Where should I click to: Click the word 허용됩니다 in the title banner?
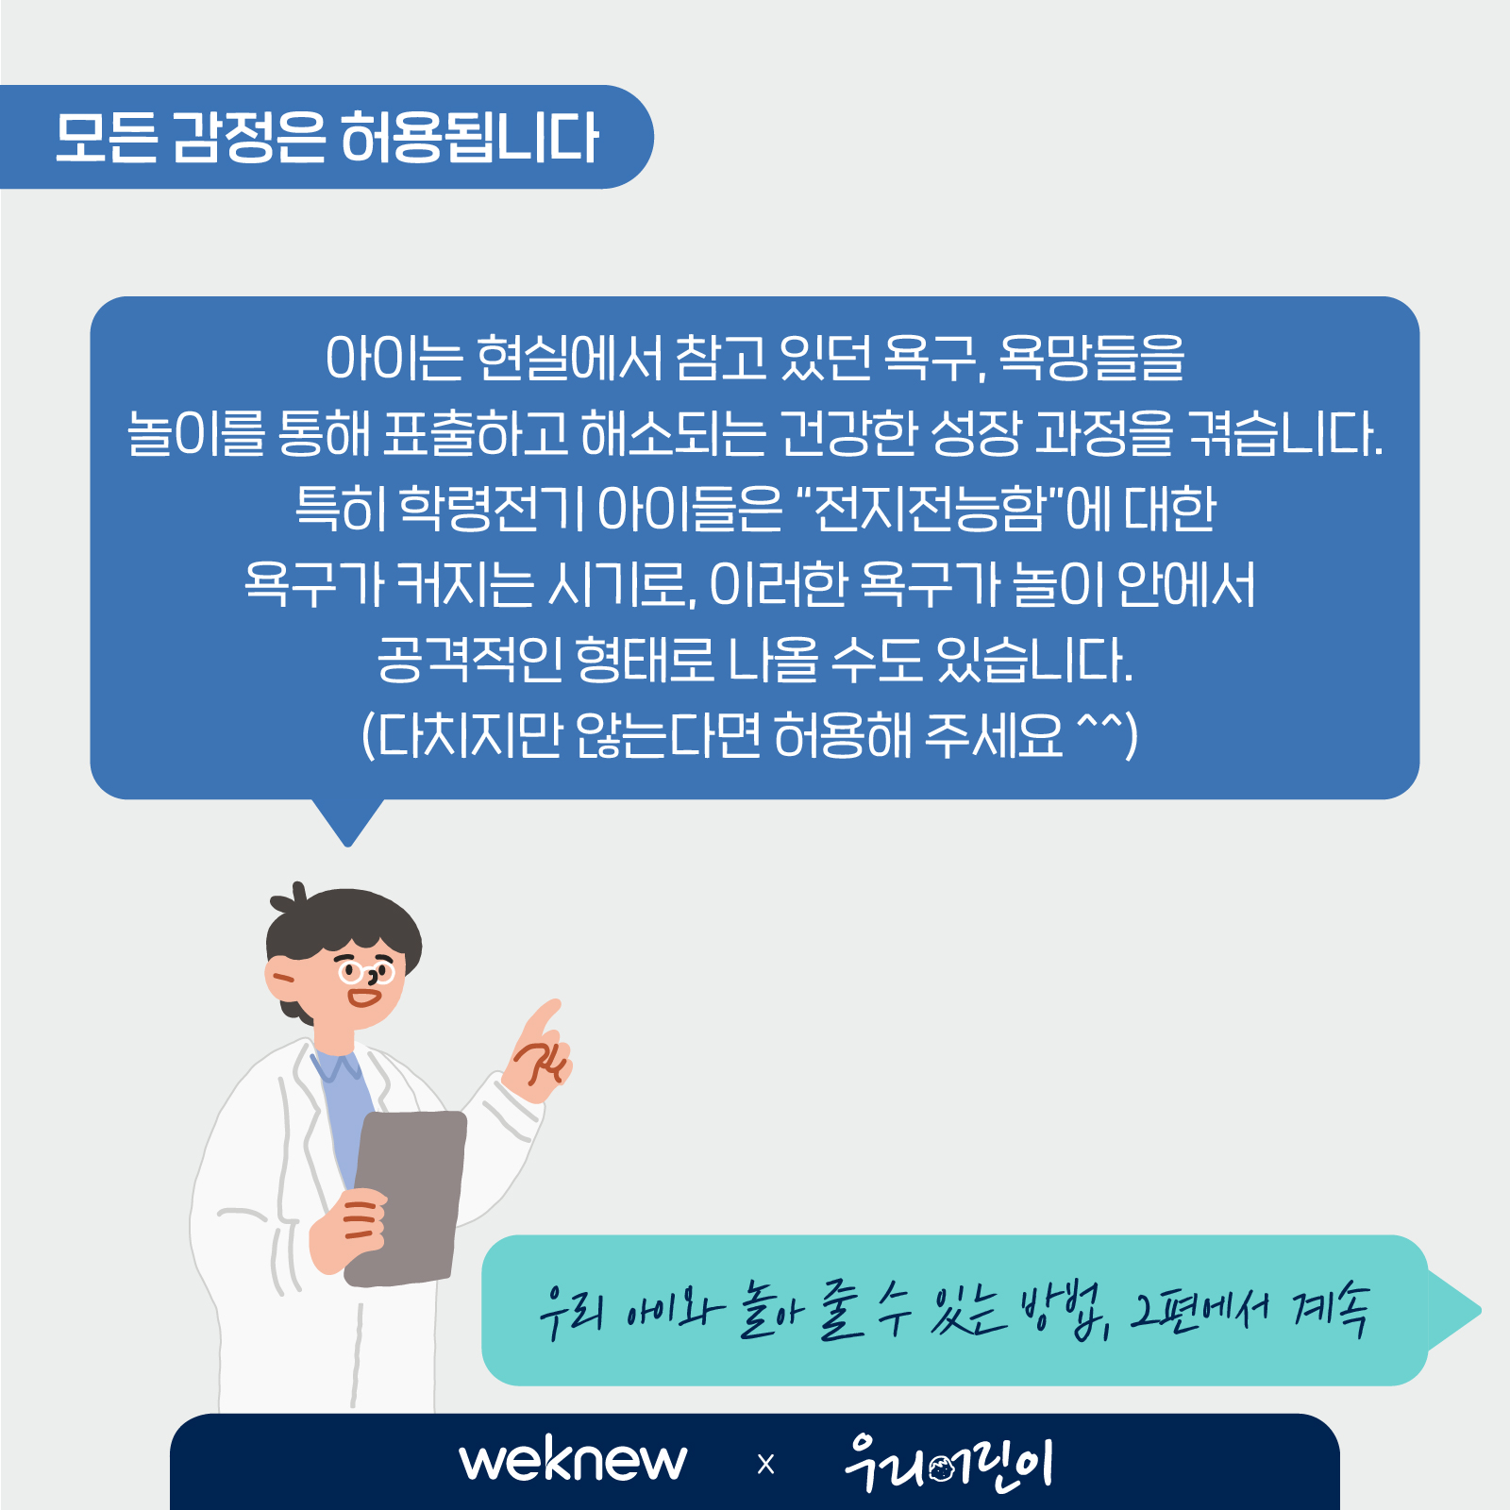coord(469,138)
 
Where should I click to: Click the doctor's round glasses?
coord(366,971)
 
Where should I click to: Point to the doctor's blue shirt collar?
coord(336,1065)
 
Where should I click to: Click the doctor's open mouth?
coord(363,997)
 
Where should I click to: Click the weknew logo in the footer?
coord(573,1460)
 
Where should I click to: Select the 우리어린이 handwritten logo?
coord(948,1463)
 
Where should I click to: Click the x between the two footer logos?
coord(765,1465)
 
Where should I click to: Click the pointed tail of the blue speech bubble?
coord(347,844)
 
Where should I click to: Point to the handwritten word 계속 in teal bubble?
coord(1331,1308)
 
